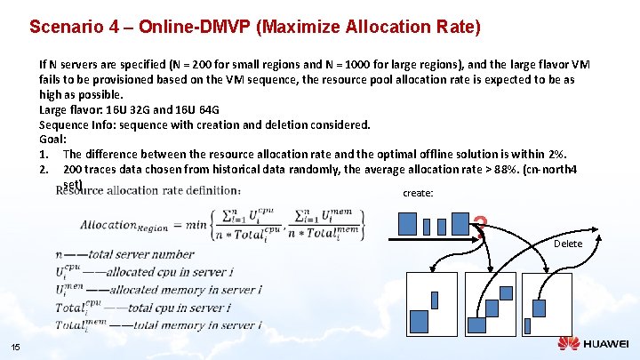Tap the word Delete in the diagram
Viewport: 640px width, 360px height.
click(568, 244)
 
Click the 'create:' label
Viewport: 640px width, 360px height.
click(418, 193)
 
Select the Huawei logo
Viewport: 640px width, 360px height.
click(593, 344)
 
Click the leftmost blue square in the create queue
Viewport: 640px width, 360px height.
click(407, 222)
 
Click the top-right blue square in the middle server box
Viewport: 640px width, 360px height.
click(505, 292)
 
